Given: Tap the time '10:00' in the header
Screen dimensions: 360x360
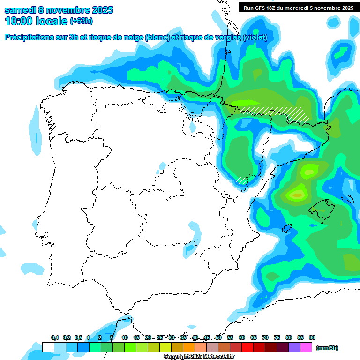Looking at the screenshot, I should (x=19, y=21).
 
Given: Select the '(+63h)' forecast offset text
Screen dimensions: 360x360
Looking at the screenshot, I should (x=82, y=21).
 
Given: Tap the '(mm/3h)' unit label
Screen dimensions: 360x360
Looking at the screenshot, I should (x=327, y=348).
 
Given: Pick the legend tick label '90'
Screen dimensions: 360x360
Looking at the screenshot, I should (x=312, y=338).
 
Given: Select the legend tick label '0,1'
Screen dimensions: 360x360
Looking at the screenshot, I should (x=55, y=338).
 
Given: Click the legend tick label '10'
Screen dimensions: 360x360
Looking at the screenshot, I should (x=125, y=338).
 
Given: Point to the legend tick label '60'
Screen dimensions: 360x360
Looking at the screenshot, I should (x=242, y=338).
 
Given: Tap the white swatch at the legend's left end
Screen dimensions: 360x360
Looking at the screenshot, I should (x=48, y=347).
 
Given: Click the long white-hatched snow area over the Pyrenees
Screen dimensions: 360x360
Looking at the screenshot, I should (x=277, y=112).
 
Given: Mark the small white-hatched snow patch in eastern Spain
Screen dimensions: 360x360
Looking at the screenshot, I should (x=241, y=180).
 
